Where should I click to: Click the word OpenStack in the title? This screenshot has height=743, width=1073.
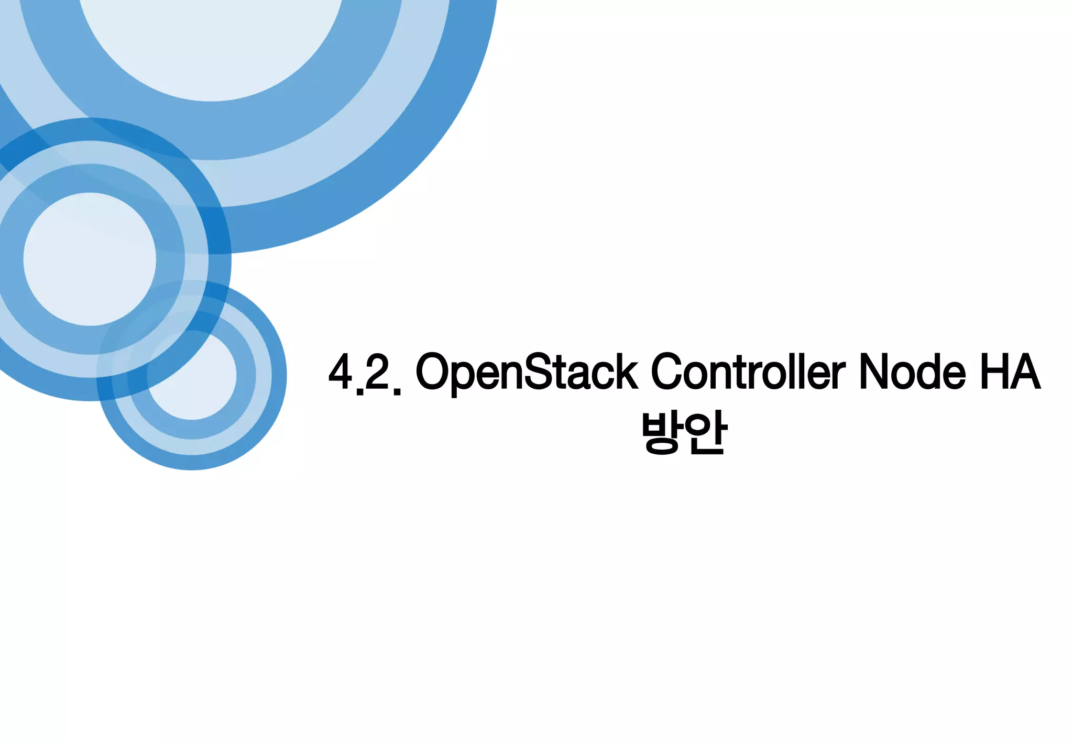click(x=527, y=372)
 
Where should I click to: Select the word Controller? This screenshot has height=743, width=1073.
click(x=748, y=372)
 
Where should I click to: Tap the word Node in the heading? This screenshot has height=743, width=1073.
click(x=912, y=372)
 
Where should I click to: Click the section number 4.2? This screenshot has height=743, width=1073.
click(x=365, y=373)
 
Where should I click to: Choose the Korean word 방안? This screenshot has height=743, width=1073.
click(x=684, y=433)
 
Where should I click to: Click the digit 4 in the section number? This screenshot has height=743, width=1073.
click(x=341, y=372)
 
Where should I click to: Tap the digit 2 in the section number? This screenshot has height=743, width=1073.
click(x=377, y=372)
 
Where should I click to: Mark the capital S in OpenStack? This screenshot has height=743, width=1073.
click(x=538, y=372)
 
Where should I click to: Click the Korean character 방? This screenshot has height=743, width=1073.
click(x=662, y=433)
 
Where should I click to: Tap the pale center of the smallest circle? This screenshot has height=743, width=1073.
click(x=192, y=375)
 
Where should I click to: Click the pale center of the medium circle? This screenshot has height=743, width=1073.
click(x=90, y=259)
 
